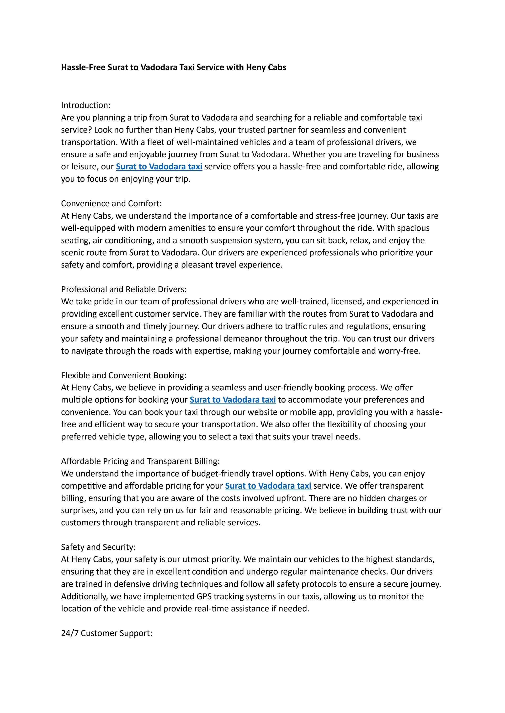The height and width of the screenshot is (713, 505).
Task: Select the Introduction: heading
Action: point(86,105)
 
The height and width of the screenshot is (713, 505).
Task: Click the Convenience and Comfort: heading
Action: point(111,203)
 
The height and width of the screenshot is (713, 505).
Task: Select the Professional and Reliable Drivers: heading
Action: point(124,289)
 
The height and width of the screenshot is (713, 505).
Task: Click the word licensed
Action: point(345,301)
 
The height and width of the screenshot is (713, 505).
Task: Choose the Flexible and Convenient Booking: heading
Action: point(124,375)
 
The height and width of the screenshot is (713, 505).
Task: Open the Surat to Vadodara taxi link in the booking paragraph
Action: point(233,400)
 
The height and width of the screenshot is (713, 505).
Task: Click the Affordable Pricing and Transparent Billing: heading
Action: point(140,461)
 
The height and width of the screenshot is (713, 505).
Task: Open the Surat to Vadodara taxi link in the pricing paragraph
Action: point(268,486)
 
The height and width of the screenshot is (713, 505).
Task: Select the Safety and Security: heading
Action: point(98,547)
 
